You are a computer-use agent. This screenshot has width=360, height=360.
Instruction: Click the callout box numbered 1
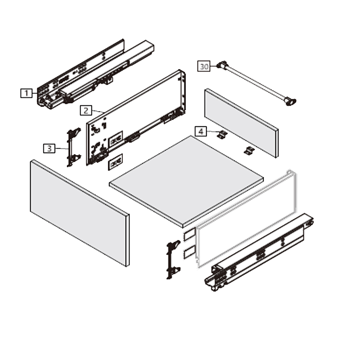[26, 93]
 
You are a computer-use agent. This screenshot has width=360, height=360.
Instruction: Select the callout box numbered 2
[86, 111]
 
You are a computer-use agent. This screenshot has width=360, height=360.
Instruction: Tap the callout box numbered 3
[49, 148]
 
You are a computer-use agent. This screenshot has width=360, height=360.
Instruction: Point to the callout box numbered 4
[201, 131]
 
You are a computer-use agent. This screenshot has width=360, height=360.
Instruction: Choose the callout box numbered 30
[204, 66]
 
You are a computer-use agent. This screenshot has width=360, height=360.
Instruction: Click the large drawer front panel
[80, 213]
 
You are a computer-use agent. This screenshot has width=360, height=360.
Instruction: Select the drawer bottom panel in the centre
[186, 181]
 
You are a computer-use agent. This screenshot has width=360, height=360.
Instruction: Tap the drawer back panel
[242, 123]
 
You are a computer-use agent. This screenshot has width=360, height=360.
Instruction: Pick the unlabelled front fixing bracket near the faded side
[173, 260]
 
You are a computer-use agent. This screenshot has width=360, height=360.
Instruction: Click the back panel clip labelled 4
[222, 134]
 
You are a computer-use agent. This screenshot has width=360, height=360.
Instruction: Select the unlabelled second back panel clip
[249, 151]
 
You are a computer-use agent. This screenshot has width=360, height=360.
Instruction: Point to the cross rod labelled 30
[256, 83]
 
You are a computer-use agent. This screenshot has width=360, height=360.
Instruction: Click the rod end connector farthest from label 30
[290, 101]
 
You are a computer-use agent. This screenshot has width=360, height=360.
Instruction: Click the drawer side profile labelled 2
[136, 118]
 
